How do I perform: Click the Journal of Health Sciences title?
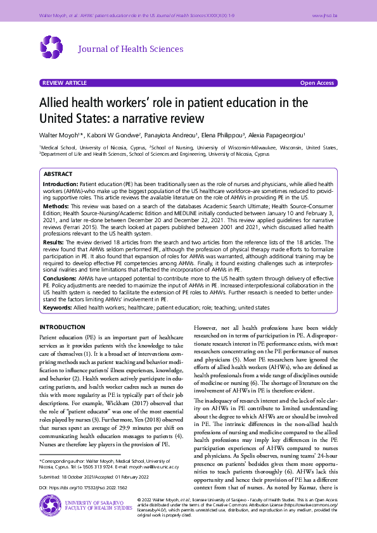coord(130,49)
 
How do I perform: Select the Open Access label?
coord(317,83)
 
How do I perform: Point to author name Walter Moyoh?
coord(57,135)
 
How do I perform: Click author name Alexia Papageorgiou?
coord(278,135)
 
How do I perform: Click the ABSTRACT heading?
coord(57,173)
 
